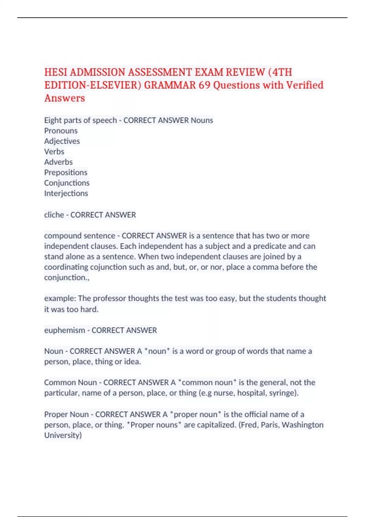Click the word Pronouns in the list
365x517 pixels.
tap(61, 131)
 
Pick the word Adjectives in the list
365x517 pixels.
tap(62, 141)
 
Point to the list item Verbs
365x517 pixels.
tap(54, 151)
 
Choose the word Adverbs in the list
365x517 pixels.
tap(58, 162)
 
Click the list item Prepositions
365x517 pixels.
tap(66, 172)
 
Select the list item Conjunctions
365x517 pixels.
tap(67, 183)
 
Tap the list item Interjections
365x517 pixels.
tap(66, 193)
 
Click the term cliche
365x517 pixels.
tap(54, 215)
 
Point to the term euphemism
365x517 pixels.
tap(64, 330)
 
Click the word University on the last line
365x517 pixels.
tap(63, 435)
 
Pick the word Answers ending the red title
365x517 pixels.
tap(64, 98)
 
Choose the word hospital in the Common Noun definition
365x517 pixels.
tap(251, 393)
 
